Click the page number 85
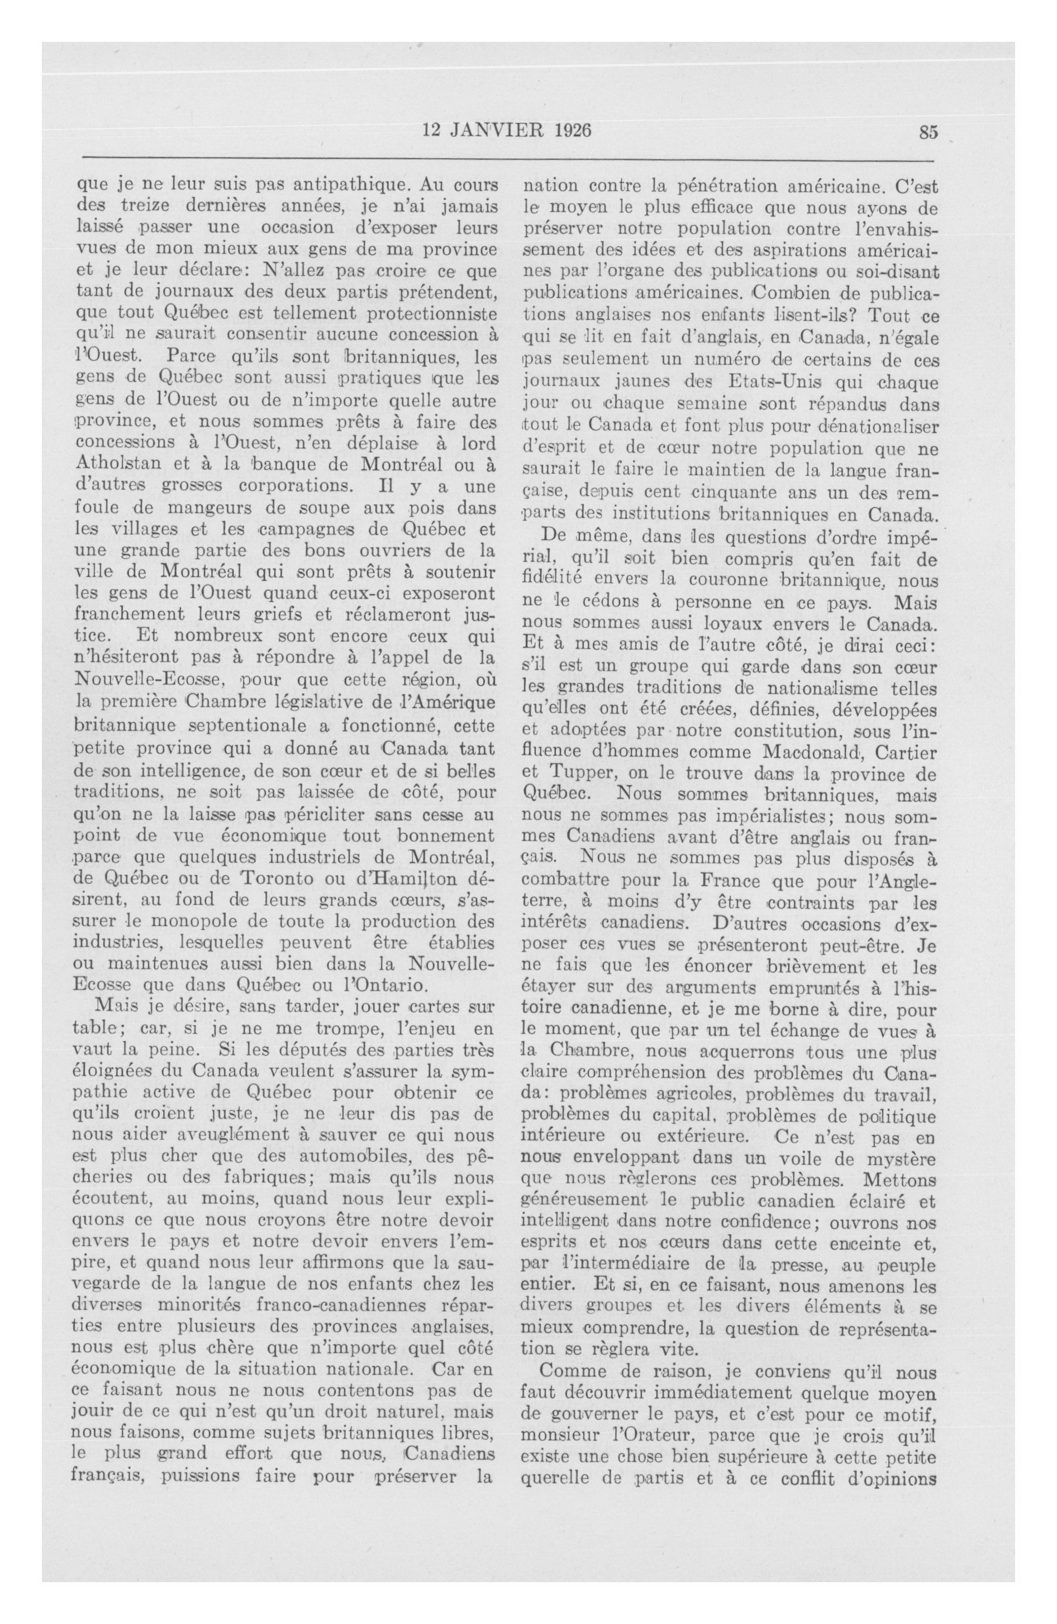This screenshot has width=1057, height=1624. [x=929, y=132]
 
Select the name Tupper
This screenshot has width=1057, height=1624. [x=574, y=775]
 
